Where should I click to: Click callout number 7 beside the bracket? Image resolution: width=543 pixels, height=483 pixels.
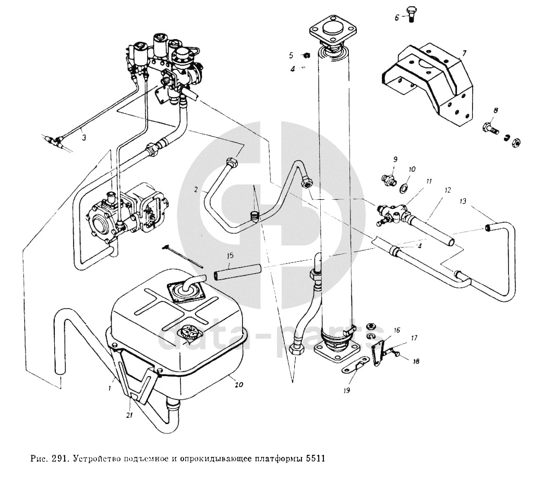464,53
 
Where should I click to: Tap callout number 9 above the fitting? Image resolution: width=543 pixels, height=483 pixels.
395,159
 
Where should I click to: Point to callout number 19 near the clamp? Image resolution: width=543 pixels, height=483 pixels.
347,390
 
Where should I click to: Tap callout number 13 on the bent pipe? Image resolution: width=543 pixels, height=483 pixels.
464,201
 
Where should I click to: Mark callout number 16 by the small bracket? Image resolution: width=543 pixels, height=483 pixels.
397,330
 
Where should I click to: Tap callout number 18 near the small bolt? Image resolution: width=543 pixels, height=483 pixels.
416,361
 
